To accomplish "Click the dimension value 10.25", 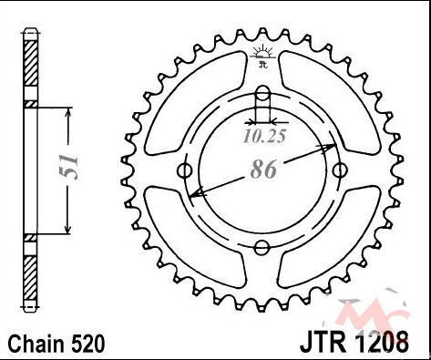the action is (264, 137).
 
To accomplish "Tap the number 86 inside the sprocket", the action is (263, 170).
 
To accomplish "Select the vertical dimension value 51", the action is (68, 167).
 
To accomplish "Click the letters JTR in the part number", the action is (323, 342).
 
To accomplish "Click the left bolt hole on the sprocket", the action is (184, 170).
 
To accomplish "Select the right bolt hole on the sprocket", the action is (340, 170).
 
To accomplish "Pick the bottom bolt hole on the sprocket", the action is (262, 248).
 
